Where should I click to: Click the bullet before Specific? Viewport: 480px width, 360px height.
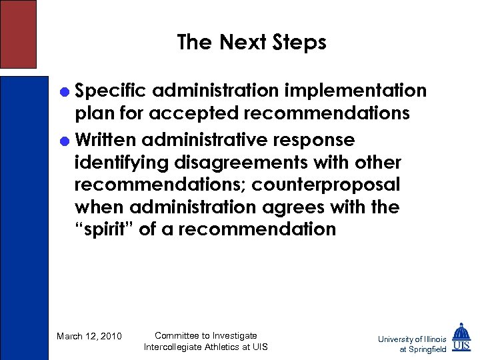point(65,90)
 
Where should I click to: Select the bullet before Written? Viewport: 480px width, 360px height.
point(65,140)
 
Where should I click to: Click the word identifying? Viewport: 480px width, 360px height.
point(123,163)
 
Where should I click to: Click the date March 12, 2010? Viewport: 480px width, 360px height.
point(89,336)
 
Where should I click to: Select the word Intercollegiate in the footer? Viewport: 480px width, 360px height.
point(175,347)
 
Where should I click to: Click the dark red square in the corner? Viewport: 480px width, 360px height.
point(18,33)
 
